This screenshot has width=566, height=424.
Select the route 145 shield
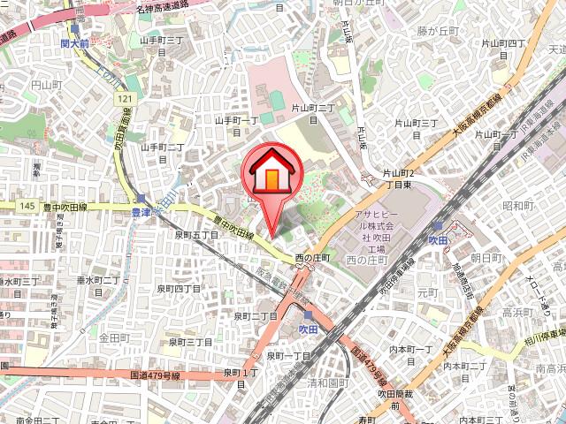[27, 206]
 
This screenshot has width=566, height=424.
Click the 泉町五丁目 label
[195, 236]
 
